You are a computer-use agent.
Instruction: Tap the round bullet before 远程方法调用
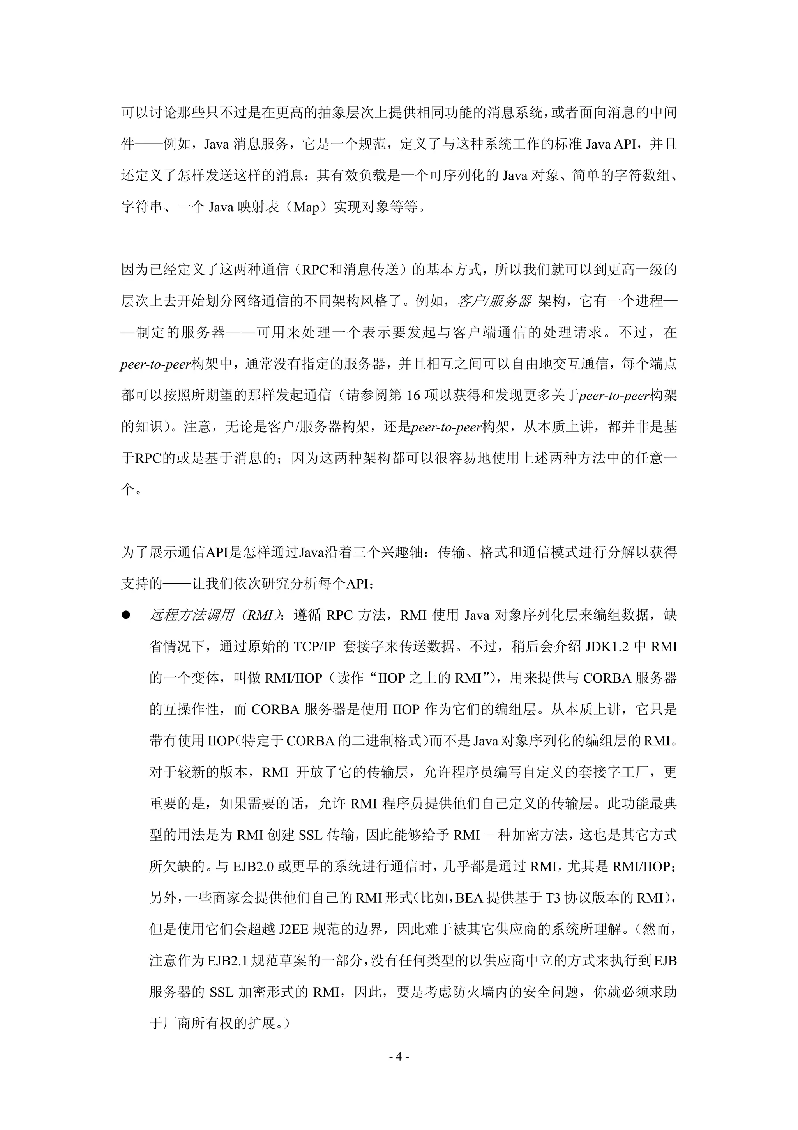[x=126, y=615]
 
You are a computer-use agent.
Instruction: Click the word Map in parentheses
[x=306, y=207]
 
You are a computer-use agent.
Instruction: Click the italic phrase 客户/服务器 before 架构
[x=494, y=301]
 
